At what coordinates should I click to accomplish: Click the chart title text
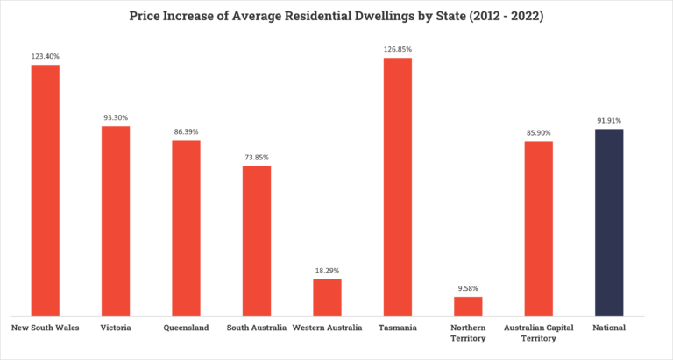[x=336, y=16]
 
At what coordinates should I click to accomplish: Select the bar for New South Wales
[x=46, y=190]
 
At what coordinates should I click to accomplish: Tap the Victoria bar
[x=116, y=221]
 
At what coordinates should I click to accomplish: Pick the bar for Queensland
[x=186, y=228]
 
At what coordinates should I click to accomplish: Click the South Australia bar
[x=257, y=240]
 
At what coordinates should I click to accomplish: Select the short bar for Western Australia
[x=327, y=297]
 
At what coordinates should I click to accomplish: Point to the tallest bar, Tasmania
[x=397, y=187]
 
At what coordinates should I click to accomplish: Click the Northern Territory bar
[x=468, y=306]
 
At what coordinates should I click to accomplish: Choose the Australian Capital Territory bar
[x=538, y=228]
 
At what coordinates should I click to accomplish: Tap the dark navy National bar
[x=609, y=222]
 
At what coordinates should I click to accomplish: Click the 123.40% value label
[x=46, y=56]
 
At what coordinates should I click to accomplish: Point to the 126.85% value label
[x=397, y=49]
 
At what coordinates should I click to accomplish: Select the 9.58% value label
[x=468, y=287]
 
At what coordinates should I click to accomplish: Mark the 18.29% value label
[x=327, y=270]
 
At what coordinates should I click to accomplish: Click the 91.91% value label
[x=609, y=120]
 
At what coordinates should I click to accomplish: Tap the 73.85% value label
[x=257, y=157]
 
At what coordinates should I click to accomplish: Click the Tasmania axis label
[x=397, y=328]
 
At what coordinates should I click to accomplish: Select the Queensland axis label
[x=186, y=328]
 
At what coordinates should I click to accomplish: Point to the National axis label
[x=609, y=328]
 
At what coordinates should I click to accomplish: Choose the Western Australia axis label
[x=327, y=328]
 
